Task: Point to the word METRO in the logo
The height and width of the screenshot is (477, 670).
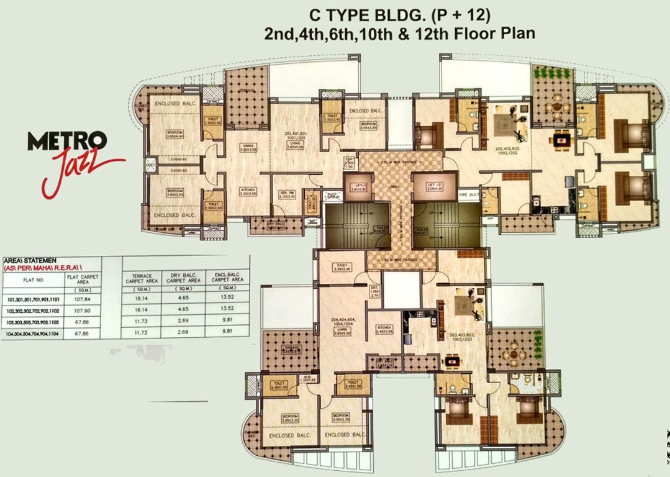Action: pos(67,142)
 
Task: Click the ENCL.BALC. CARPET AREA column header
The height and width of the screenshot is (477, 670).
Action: pos(223,277)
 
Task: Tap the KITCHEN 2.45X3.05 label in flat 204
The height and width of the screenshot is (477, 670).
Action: pos(385,330)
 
